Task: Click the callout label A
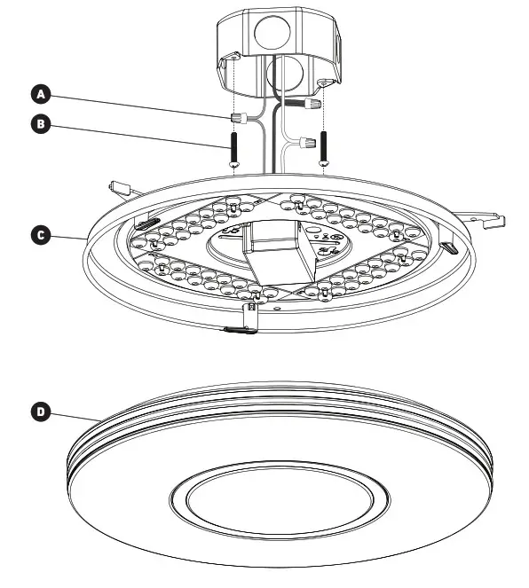coord(40,93)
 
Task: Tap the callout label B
coord(40,124)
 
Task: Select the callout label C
coord(40,236)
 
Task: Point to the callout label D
coord(40,412)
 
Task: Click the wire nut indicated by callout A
coord(237,117)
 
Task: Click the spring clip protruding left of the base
coord(119,188)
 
